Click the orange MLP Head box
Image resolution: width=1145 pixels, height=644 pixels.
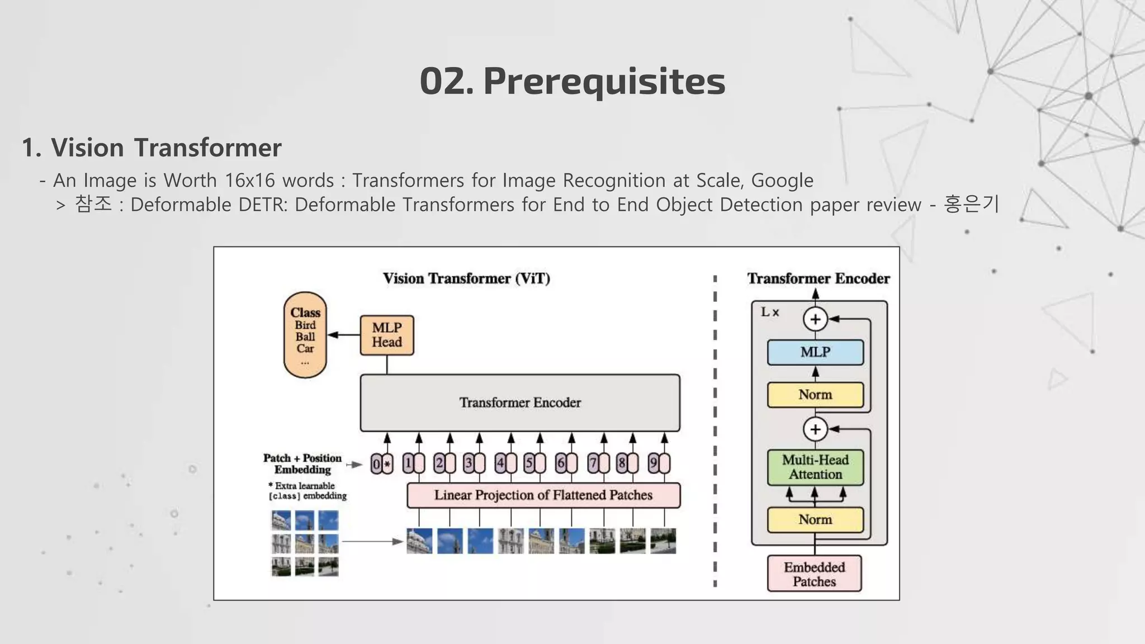pos(387,335)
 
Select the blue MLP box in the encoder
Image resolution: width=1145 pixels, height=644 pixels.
pos(815,352)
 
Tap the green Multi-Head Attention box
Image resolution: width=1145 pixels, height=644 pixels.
pos(815,467)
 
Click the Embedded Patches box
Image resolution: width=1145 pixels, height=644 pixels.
pos(814,574)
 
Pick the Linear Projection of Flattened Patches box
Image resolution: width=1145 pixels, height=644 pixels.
pos(543,495)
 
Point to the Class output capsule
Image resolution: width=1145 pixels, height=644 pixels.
pos(305,335)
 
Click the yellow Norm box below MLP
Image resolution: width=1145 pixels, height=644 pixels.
pos(815,395)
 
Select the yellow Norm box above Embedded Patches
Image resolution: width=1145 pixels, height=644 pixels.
pos(815,520)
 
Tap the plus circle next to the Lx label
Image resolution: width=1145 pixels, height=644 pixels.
pos(815,319)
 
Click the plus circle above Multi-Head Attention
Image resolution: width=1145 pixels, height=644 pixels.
pos(815,429)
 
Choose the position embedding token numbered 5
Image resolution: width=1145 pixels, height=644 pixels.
pos(534,463)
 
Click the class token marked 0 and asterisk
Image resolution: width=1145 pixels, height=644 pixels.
pos(382,464)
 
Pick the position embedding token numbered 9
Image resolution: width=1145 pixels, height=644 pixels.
pos(659,463)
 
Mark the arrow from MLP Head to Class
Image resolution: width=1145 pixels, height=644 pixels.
pos(343,335)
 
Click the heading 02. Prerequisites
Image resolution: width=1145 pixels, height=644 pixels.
pos(572,81)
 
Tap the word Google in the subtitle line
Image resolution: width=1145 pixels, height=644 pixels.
pos(782,181)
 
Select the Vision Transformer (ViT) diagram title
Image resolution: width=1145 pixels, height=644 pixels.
pos(466,278)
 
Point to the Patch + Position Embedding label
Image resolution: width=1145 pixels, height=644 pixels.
pos(302,464)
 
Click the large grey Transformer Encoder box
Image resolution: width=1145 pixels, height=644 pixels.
pos(520,402)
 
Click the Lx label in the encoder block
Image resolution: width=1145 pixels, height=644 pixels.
pos(770,312)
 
